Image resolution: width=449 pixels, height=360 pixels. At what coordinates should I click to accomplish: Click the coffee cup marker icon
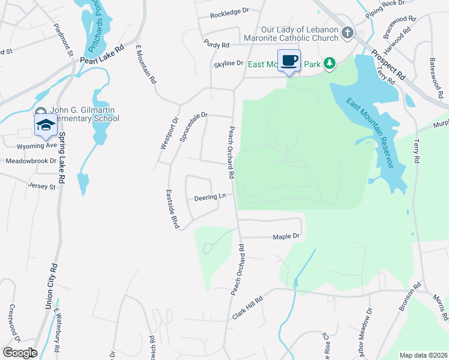(x=289, y=61)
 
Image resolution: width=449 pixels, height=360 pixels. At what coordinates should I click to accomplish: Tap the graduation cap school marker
(x=46, y=125)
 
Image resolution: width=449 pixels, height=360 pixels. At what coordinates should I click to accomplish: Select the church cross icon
(x=347, y=33)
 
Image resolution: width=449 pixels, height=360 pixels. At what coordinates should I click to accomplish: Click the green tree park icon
(x=329, y=63)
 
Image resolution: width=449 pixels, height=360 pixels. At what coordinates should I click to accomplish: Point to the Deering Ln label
(x=209, y=197)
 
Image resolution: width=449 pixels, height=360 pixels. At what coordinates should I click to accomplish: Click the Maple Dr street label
(x=286, y=237)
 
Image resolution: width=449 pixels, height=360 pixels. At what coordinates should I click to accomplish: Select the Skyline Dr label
(x=228, y=63)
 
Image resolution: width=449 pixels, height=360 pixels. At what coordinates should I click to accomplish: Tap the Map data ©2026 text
(x=422, y=355)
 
